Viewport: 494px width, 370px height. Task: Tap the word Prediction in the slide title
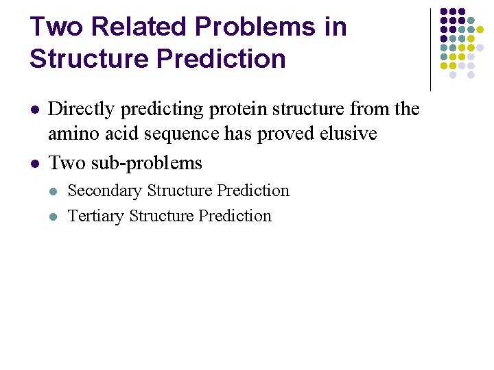coord(220,59)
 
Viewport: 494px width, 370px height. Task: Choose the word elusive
coord(351,133)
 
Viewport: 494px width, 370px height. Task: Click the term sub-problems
coord(147,164)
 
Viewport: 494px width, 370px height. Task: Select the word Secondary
coord(105,190)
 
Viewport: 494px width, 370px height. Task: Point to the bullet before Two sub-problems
coord(34,164)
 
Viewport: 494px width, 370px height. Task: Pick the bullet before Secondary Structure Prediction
coord(55,191)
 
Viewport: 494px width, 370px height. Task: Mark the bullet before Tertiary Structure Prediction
coord(55,217)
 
